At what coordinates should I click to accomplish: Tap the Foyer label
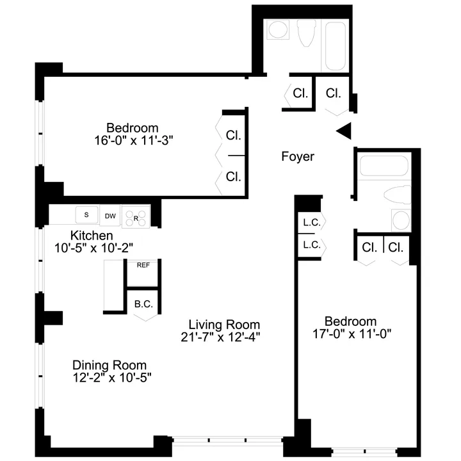coord(298,156)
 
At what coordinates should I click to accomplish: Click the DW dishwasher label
coord(111,216)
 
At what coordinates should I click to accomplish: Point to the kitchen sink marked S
coord(86,216)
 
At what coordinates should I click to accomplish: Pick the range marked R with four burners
coord(134,218)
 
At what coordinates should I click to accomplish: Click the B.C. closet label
coord(143,304)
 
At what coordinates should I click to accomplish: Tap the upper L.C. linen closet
coord(312,223)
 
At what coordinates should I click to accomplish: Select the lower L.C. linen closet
coord(312,245)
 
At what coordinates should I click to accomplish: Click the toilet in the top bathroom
coord(305,31)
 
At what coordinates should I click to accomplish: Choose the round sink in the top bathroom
coord(277,30)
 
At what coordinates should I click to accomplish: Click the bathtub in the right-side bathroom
coord(384,166)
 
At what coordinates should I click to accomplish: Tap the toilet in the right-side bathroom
coord(396,195)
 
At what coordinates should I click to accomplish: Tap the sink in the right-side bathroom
coord(400,220)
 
